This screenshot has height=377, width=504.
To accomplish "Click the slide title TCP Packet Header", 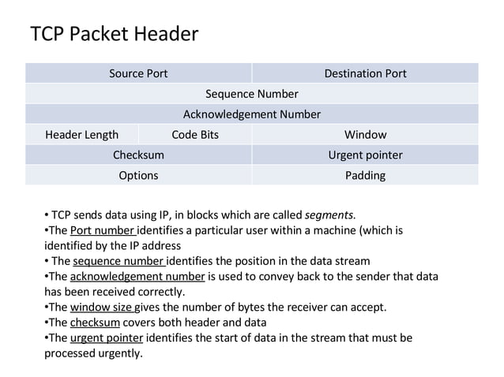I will pos(114,34).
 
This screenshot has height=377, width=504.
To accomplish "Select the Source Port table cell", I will pos(138,73).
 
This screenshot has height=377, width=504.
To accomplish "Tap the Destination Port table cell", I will pos(365,73).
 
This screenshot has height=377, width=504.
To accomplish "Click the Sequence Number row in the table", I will pos(251,94).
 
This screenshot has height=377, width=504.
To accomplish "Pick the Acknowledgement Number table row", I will pos(251,114).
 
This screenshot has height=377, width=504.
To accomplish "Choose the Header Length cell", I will pos(82,135).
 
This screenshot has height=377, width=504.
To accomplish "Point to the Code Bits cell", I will pos(195,135).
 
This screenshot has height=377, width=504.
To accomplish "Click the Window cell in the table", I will pos(365,135).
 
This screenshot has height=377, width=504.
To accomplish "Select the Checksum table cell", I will pos(138,155).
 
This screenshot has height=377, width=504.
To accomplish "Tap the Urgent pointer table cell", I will pos(365,155).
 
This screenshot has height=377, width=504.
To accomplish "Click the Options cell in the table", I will pos(138,175).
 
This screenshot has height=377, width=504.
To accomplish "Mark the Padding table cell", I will pos(365,175).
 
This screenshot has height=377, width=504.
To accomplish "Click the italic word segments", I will pos(329,215).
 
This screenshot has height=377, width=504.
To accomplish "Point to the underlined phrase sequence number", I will pos(118,261).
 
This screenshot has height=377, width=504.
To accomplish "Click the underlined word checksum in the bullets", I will pos(95,323).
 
